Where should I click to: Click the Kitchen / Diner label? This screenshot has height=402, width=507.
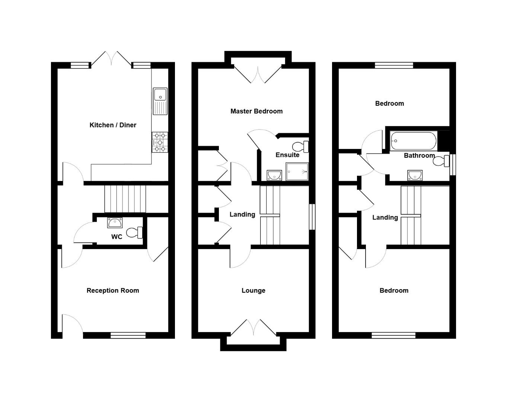pyautogui.click(x=113, y=125)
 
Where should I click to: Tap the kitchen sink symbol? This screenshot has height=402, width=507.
pyautogui.click(x=160, y=101)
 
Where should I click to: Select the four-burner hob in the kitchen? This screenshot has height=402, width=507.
pyautogui.click(x=160, y=142)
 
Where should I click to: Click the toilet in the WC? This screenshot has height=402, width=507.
pyautogui.click(x=135, y=233)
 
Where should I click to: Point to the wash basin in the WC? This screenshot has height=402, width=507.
pyautogui.click(x=115, y=223)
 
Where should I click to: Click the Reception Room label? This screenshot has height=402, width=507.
pyautogui.click(x=113, y=291)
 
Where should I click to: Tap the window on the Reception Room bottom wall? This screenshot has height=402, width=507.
pyautogui.click(x=128, y=335)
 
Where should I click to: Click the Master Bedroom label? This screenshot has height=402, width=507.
pyautogui.click(x=256, y=111)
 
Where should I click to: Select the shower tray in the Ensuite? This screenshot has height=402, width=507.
pyautogui.click(x=297, y=172)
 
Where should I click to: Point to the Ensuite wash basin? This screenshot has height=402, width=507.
pyautogui.click(x=275, y=174)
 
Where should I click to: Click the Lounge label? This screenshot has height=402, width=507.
pyautogui.click(x=253, y=291)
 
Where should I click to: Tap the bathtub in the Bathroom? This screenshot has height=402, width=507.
pyautogui.click(x=413, y=141)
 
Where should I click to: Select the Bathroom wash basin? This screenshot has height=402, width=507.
pyautogui.click(x=415, y=175)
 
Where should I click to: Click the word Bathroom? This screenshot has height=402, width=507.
pyautogui.click(x=419, y=156)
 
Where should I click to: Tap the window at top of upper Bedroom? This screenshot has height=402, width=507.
pyautogui.click(x=394, y=66)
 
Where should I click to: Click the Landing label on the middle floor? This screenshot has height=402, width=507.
pyautogui.click(x=242, y=214)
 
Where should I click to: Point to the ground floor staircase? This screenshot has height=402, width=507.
pyautogui.click(x=125, y=199)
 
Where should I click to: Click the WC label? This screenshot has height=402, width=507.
pyautogui.click(x=117, y=237)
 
